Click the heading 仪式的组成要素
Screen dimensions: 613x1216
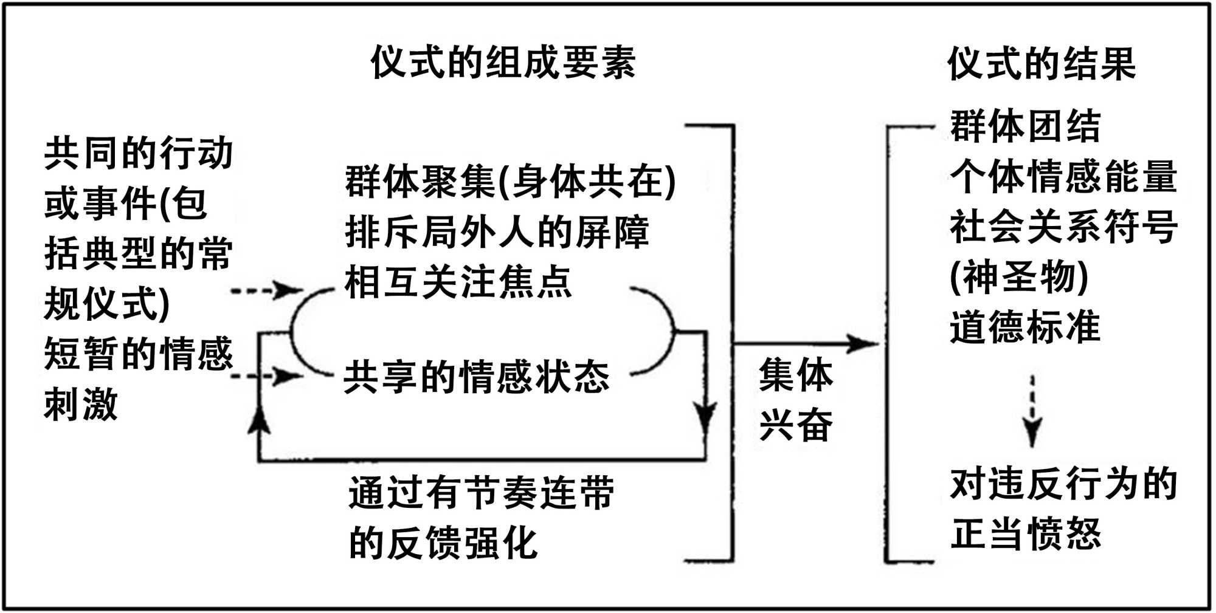point(503,63)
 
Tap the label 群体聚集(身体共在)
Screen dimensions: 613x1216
point(510,182)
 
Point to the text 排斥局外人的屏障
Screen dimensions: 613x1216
point(497,233)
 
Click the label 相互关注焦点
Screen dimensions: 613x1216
point(458,283)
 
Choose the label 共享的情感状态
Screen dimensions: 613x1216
point(476,377)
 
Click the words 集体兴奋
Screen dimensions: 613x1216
point(795,399)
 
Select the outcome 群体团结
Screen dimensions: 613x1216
point(1025,126)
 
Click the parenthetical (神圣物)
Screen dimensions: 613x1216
point(1019,277)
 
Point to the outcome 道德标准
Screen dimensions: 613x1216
point(1025,327)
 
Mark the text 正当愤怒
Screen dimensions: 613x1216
point(1025,534)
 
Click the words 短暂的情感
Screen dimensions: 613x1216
point(139,354)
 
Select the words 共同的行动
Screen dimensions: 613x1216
point(139,153)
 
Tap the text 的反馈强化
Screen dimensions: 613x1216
point(443,543)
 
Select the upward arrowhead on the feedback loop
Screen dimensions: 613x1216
point(260,419)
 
